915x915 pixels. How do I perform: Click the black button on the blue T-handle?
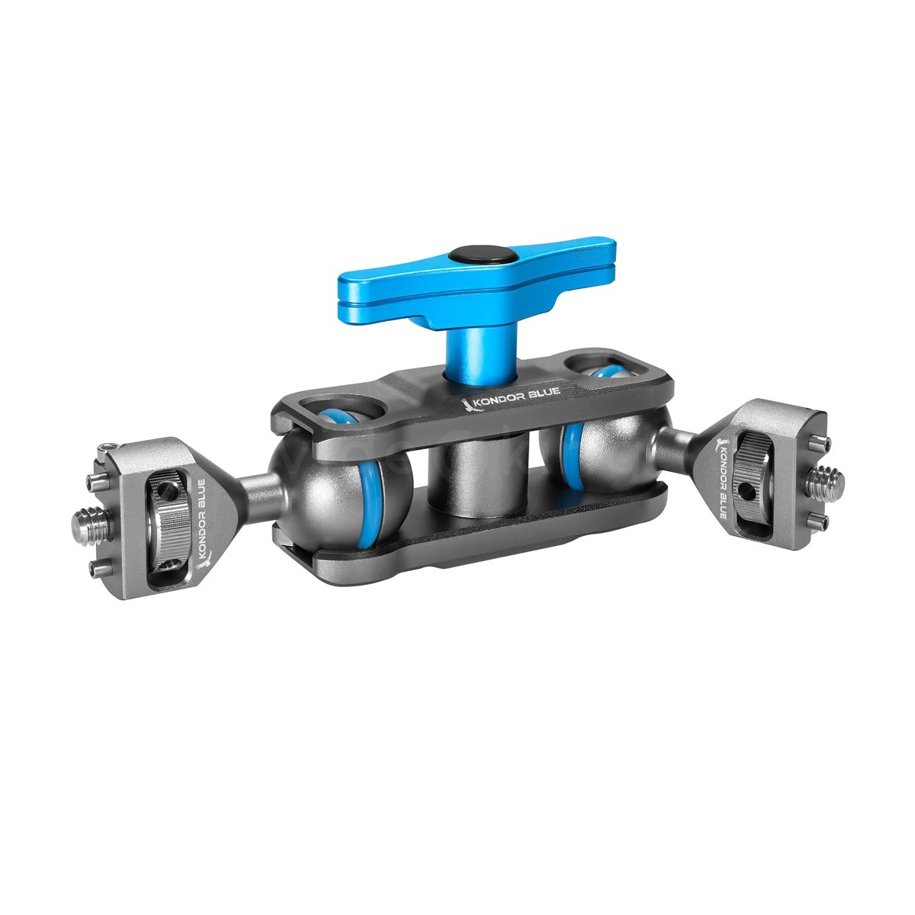[x=469, y=255]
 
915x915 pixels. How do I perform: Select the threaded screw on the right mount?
[x=826, y=483]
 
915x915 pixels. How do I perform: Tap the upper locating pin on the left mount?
[x=98, y=480]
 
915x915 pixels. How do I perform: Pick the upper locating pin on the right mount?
[x=814, y=444]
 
